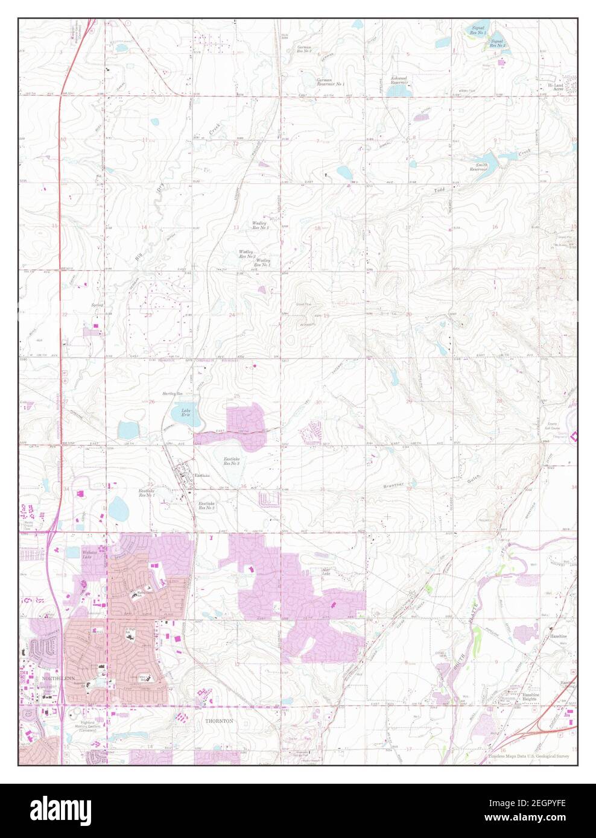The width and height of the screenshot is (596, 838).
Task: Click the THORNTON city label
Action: pyautogui.click(x=218, y=721)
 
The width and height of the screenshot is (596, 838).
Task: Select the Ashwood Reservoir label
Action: pyautogui.click(x=399, y=80)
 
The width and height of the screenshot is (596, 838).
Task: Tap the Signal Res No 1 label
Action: pyautogui.click(x=478, y=29)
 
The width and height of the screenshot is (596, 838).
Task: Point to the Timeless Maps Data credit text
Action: pyautogui.click(x=528, y=756)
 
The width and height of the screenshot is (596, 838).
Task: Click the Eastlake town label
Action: pyautogui.click(x=202, y=476)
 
